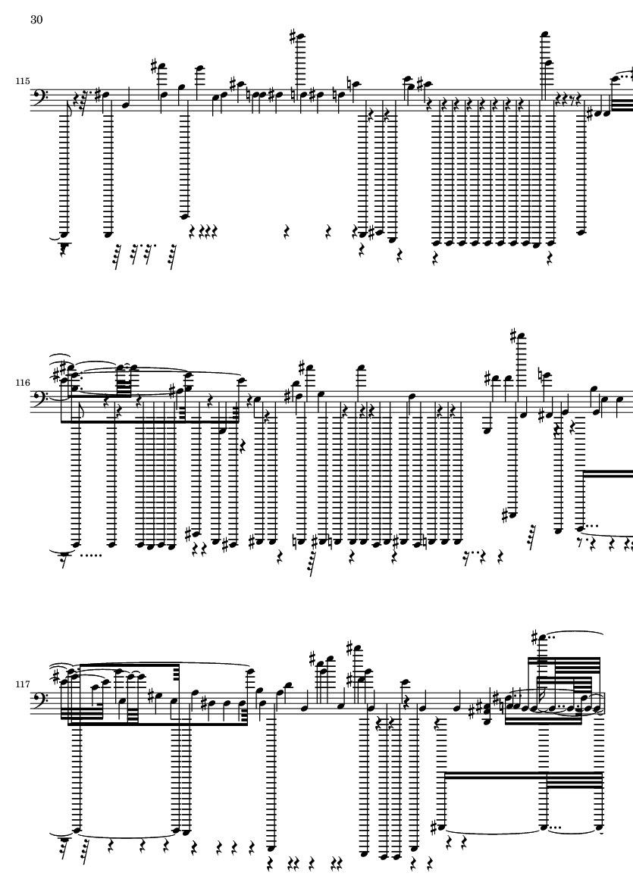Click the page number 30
click(x=36, y=20)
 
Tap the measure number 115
click(x=22, y=81)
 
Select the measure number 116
click(x=22, y=383)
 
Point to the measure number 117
click(x=22, y=684)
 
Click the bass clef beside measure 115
click(x=38, y=98)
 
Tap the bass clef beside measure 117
click(x=38, y=700)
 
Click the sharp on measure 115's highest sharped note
click(x=293, y=37)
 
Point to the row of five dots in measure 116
click(x=89, y=553)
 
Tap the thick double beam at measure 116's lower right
click(x=608, y=474)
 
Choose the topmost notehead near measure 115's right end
click(x=544, y=35)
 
